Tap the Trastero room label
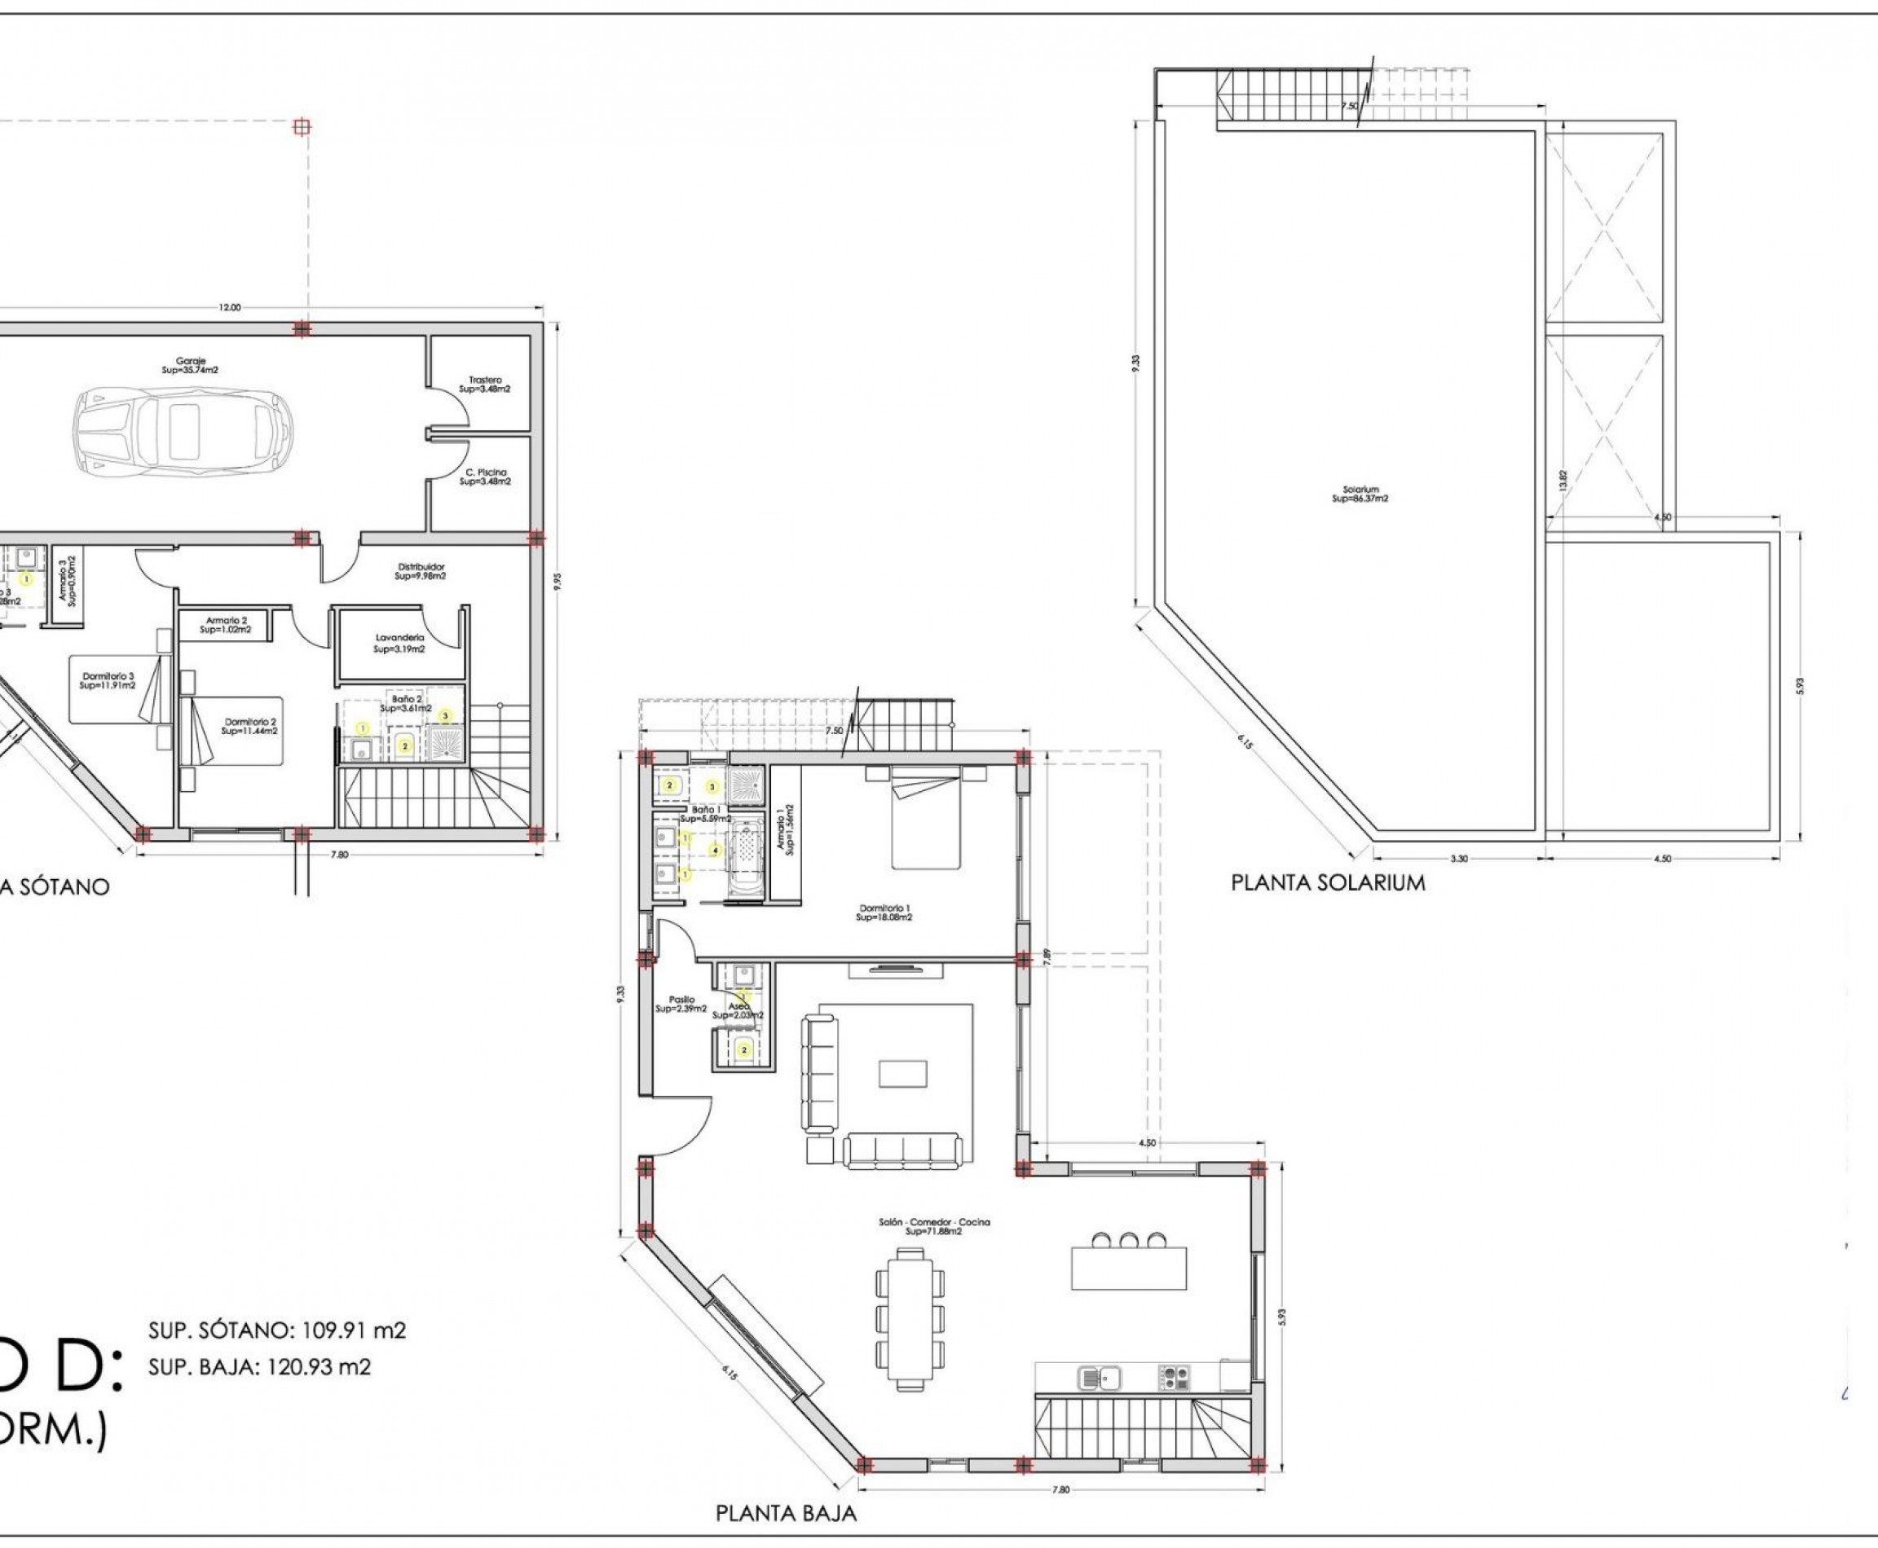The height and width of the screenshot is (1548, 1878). point(484,385)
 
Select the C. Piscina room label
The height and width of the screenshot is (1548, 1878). point(484,477)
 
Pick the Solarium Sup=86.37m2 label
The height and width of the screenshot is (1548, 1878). point(1360,494)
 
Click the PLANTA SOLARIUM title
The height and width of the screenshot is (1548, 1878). point(1328,883)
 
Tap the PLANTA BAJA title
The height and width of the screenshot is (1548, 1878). point(786,1513)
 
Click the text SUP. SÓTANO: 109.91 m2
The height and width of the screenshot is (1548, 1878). point(276,1330)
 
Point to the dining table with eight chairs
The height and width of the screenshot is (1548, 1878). point(909,1319)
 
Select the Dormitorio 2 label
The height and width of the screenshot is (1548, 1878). point(249,726)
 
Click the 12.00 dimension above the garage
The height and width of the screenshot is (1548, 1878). point(229,308)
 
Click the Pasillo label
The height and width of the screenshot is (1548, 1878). point(681,1004)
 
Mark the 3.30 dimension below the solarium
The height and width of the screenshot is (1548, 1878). point(1459,859)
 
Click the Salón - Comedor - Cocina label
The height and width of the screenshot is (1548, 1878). point(934,1226)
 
